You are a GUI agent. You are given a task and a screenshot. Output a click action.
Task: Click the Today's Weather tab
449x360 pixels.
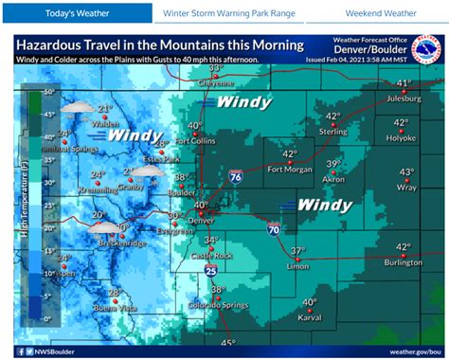(75, 13)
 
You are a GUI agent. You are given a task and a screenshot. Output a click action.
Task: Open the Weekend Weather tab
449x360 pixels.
(380, 13)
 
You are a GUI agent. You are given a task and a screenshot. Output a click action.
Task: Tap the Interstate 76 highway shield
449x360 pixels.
(233, 176)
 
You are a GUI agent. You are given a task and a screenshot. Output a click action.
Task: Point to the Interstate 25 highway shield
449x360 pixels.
(210, 271)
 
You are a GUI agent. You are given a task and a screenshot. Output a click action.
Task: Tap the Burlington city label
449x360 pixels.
(403, 262)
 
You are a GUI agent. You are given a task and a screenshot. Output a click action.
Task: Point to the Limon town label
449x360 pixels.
(298, 266)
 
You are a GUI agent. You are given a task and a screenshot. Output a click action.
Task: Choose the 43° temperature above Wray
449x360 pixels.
(406, 172)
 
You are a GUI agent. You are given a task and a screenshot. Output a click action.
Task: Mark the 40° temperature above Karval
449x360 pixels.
(309, 303)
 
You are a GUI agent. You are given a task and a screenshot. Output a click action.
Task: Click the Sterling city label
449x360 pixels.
(332, 132)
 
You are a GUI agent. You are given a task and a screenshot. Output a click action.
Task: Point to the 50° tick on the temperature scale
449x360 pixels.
(46, 93)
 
